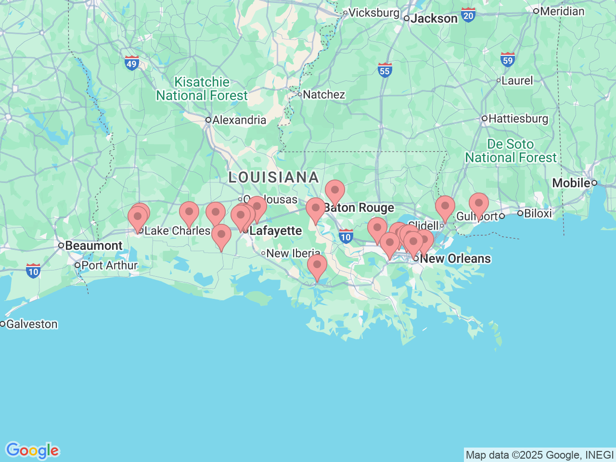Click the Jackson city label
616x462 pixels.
point(434,19)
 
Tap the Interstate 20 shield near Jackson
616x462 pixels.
point(468,15)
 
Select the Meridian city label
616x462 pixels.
point(562,11)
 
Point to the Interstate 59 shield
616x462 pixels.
point(508,60)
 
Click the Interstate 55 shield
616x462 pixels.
point(385,70)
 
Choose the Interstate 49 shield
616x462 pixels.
point(132,63)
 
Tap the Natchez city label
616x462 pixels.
point(323,94)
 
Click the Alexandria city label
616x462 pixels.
point(239,120)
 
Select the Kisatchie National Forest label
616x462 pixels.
point(202,89)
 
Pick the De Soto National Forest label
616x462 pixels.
point(511,151)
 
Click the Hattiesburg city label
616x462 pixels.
point(518,118)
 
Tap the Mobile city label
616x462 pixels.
point(571,183)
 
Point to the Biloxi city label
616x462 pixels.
point(538,213)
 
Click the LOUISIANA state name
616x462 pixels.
point(273,177)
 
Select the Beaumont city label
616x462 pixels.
point(93,245)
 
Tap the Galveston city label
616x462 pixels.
point(31,324)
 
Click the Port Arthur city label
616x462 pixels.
point(109,265)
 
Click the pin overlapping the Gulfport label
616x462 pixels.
point(479,205)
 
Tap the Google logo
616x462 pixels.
point(32,451)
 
